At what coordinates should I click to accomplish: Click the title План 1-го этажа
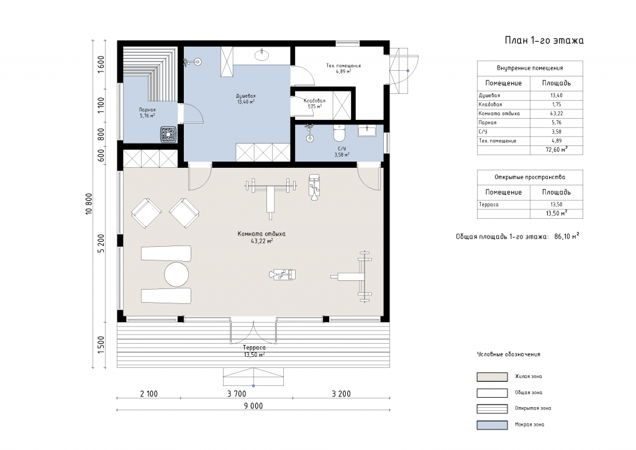coord(544,40)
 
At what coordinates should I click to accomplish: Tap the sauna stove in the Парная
coord(168,134)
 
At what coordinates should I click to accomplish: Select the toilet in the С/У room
coord(338,132)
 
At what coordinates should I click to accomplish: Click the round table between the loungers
coord(176,275)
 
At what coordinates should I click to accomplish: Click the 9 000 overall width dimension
coord(253,405)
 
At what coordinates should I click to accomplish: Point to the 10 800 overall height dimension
coord(89,204)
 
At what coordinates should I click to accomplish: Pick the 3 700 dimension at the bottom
coord(237,393)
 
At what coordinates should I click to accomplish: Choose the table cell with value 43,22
coord(556,114)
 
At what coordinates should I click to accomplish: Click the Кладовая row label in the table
coord(490,104)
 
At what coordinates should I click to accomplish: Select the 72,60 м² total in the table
coord(556,149)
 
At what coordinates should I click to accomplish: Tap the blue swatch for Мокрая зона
coord(492,425)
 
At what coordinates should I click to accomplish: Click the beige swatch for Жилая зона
coord(492,377)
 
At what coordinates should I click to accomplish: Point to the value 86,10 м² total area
coord(566,236)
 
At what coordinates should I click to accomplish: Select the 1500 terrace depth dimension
coord(101,344)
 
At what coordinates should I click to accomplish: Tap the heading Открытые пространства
coord(530,177)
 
